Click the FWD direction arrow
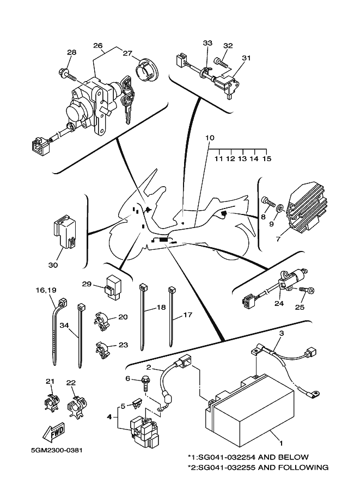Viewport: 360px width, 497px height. [54, 432]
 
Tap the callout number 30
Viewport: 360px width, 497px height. [53, 265]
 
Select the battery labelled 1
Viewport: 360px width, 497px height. [249, 409]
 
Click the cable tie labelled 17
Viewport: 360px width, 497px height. [172, 316]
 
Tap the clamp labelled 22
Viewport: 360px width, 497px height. [77, 406]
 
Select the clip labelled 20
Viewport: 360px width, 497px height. [102, 317]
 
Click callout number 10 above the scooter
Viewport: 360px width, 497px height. [210, 138]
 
